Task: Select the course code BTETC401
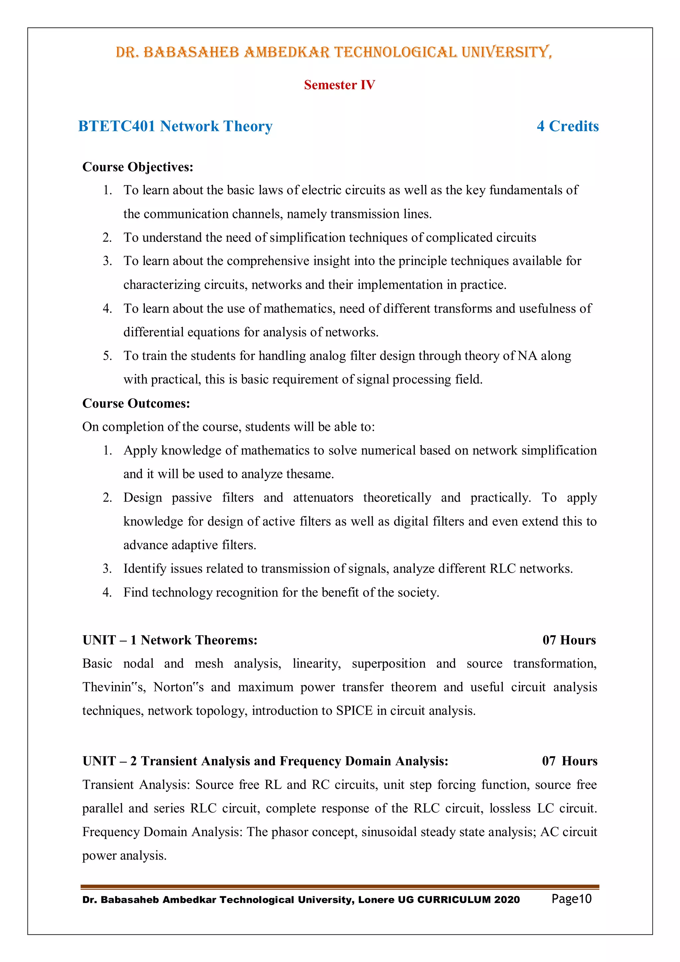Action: pyautogui.click(x=117, y=126)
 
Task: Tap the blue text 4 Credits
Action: pyautogui.click(x=567, y=126)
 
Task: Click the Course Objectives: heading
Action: pyautogui.click(x=138, y=167)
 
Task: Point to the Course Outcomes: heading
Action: pyautogui.click(x=136, y=403)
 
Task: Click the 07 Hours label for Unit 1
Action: pyautogui.click(x=569, y=640)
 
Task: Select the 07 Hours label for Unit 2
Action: pyautogui.click(x=569, y=761)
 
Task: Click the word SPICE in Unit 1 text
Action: pyautogui.click(x=354, y=711)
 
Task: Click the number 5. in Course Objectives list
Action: pyautogui.click(x=107, y=356)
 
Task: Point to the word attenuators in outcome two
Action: pyautogui.click(x=323, y=497)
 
